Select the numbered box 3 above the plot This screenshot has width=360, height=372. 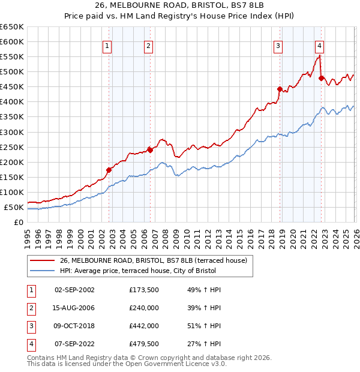point(278,46)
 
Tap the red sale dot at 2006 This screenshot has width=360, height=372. point(150,150)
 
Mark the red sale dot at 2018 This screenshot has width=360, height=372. point(280,89)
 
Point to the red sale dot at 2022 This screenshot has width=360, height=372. point(322,78)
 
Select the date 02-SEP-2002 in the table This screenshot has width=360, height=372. point(74,290)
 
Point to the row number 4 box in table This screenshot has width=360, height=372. point(31,344)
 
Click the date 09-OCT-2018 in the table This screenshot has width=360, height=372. point(74,326)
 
